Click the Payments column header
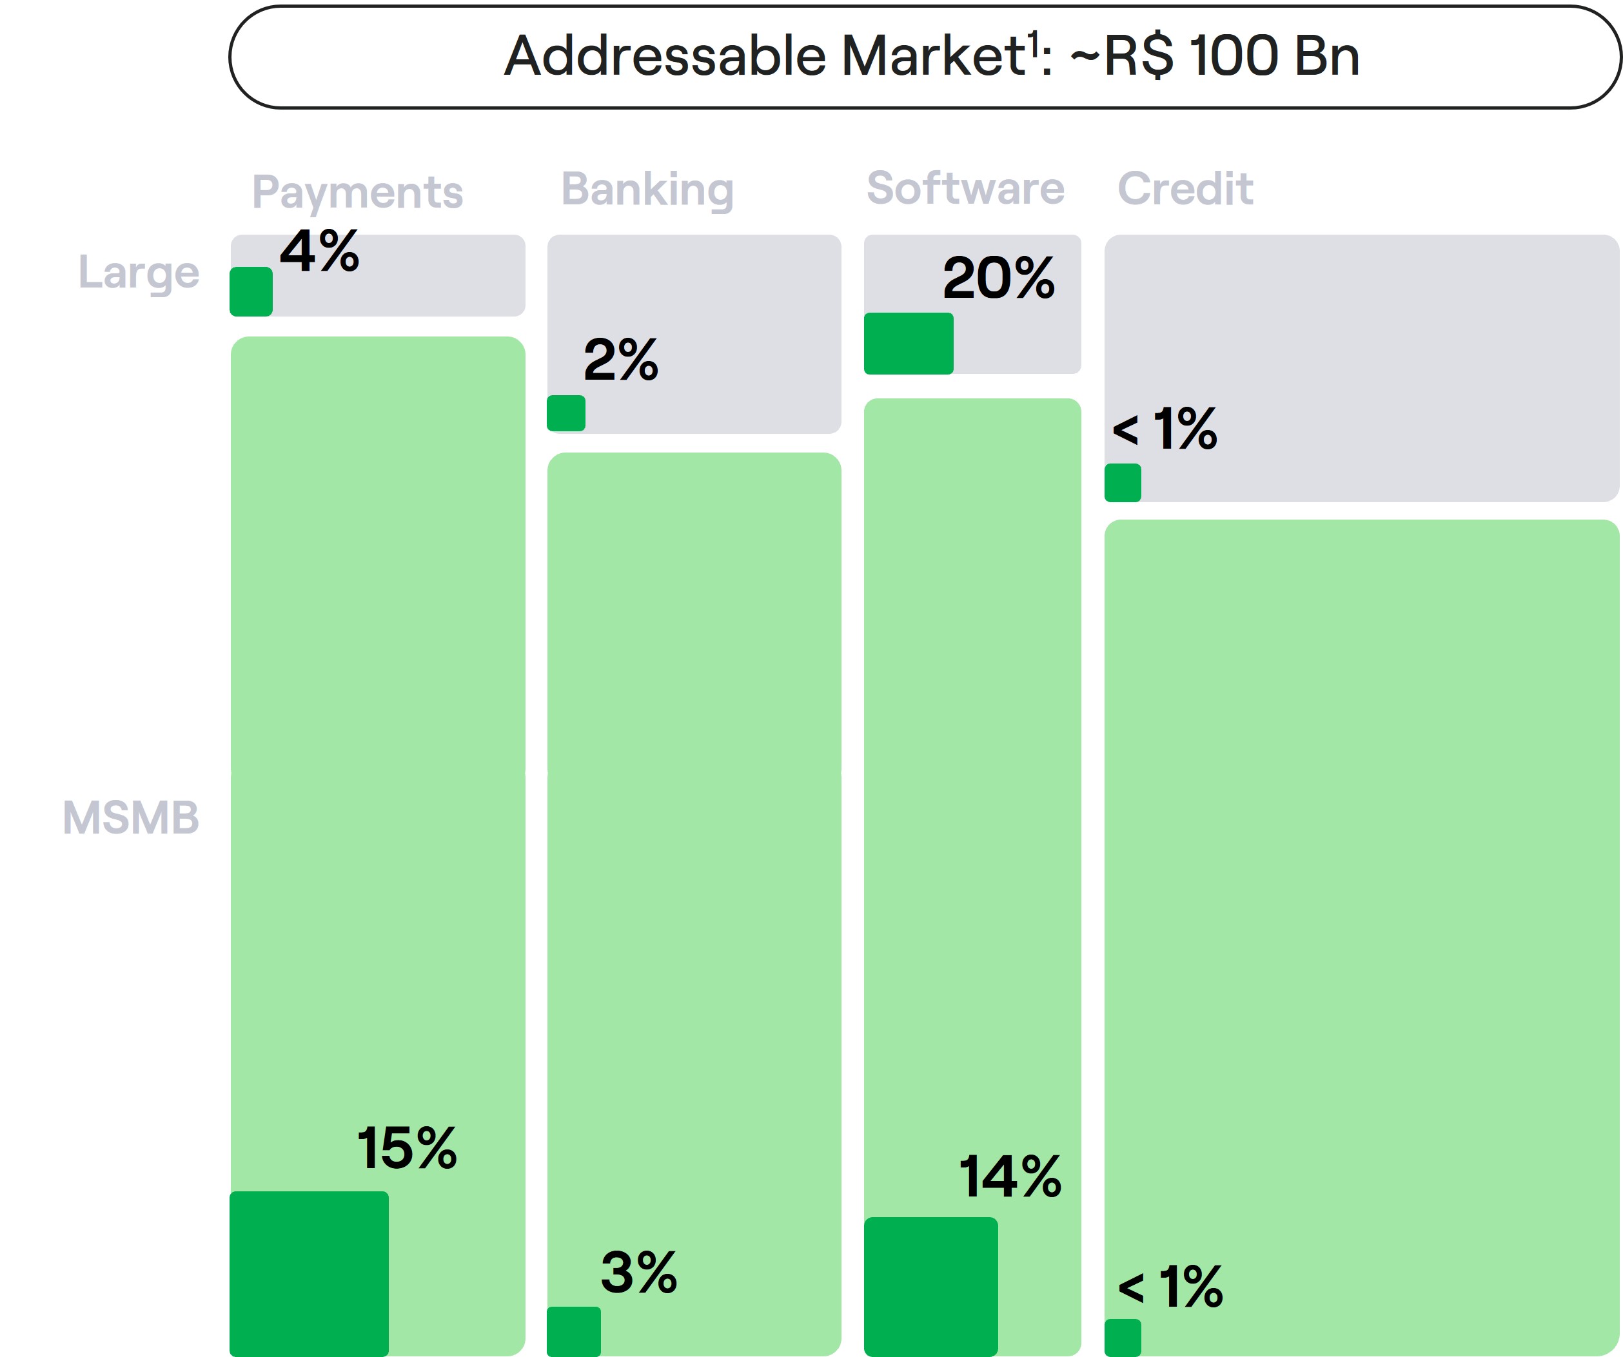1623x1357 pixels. click(x=357, y=191)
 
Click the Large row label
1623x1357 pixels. click(x=139, y=273)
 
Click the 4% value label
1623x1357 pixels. click(x=319, y=251)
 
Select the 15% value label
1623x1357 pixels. click(x=406, y=1147)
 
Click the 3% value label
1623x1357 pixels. click(x=638, y=1273)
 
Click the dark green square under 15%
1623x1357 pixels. click(x=309, y=1274)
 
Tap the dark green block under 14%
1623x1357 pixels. click(x=930, y=1287)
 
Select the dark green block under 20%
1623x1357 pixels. click(x=908, y=344)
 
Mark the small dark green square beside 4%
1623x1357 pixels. click(x=251, y=291)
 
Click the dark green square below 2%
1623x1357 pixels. click(x=566, y=413)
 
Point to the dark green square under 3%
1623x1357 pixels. click(x=573, y=1331)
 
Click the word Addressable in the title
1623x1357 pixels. click(x=665, y=57)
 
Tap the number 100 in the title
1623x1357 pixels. click(x=1234, y=57)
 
